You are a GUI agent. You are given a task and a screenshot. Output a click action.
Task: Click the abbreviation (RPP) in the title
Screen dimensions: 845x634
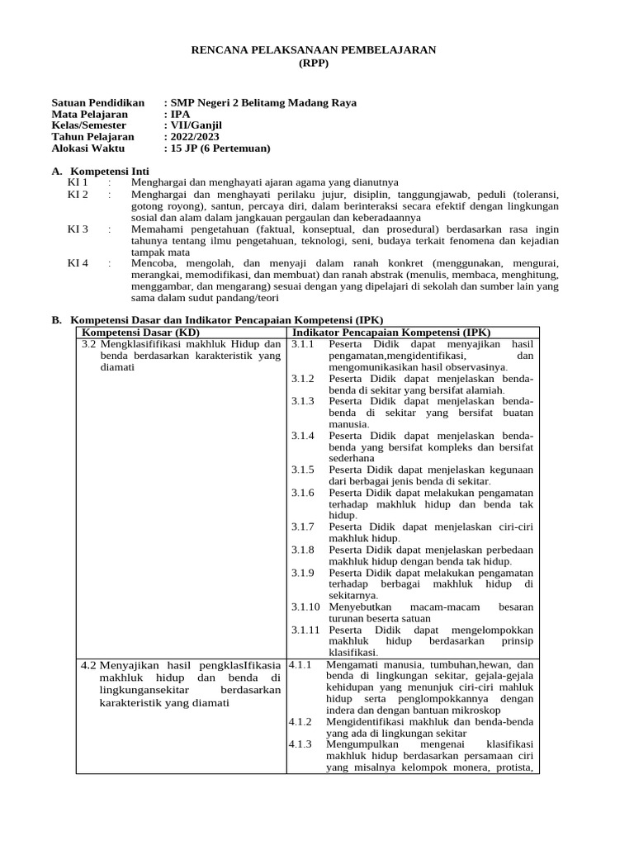tap(313, 64)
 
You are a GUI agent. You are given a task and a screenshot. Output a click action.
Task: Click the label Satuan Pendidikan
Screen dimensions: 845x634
tap(98, 102)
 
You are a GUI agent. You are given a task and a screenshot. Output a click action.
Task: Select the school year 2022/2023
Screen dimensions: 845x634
tap(196, 137)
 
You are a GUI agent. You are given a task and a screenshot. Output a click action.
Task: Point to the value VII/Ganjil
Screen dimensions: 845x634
tap(196, 125)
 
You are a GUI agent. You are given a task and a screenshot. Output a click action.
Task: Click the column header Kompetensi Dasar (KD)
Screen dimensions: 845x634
tap(135, 331)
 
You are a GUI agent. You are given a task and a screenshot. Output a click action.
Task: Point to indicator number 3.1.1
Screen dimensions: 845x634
tap(302, 342)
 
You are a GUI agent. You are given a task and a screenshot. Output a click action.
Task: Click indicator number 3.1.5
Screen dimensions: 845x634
tap(302, 470)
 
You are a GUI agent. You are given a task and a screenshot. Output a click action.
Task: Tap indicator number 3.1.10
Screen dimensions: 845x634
tap(305, 607)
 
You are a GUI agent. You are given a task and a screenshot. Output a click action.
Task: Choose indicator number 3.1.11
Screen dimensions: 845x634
tap(305, 630)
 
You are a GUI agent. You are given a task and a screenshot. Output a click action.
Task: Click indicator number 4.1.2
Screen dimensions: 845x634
tap(300, 721)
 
